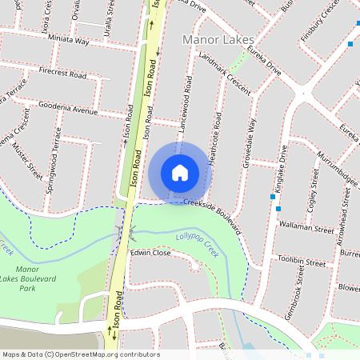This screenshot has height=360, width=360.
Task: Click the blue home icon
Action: (x=180, y=172)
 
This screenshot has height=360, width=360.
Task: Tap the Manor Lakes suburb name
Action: (x=218, y=39)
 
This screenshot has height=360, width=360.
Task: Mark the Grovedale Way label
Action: (x=249, y=142)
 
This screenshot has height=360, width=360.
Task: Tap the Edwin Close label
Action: (x=150, y=252)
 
